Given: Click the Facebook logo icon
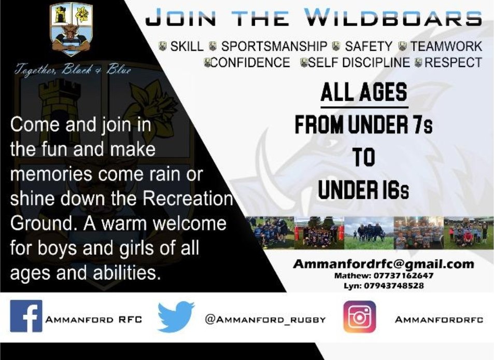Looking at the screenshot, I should pos(26,316).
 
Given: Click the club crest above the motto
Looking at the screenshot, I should pos(72,30).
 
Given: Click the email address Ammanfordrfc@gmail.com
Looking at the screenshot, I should pos(383,264).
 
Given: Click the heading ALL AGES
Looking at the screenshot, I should pos(363,93).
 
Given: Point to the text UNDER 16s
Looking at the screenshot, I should pos(363,190).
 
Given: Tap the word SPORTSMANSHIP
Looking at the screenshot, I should pos(274,46).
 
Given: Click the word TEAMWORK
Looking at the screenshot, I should pos(446,46).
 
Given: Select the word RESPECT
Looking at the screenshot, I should pos(453,63).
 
